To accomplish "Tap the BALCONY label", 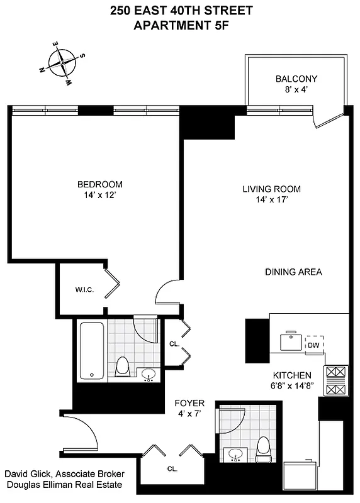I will [x=296, y=79].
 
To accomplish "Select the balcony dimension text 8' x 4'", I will [x=296, y=90].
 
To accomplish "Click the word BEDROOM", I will [x=99, y=184].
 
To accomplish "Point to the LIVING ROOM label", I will [x=271, y=189].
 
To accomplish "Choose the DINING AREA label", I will [x=293, y=272].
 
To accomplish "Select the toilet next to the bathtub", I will [x=123, y=365].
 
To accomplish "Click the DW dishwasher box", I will [x=313, y=345].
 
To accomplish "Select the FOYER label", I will [x=189, y=402].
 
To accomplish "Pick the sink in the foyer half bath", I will [x=237, y=453].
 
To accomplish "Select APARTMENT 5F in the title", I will [x=179, y=25].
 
